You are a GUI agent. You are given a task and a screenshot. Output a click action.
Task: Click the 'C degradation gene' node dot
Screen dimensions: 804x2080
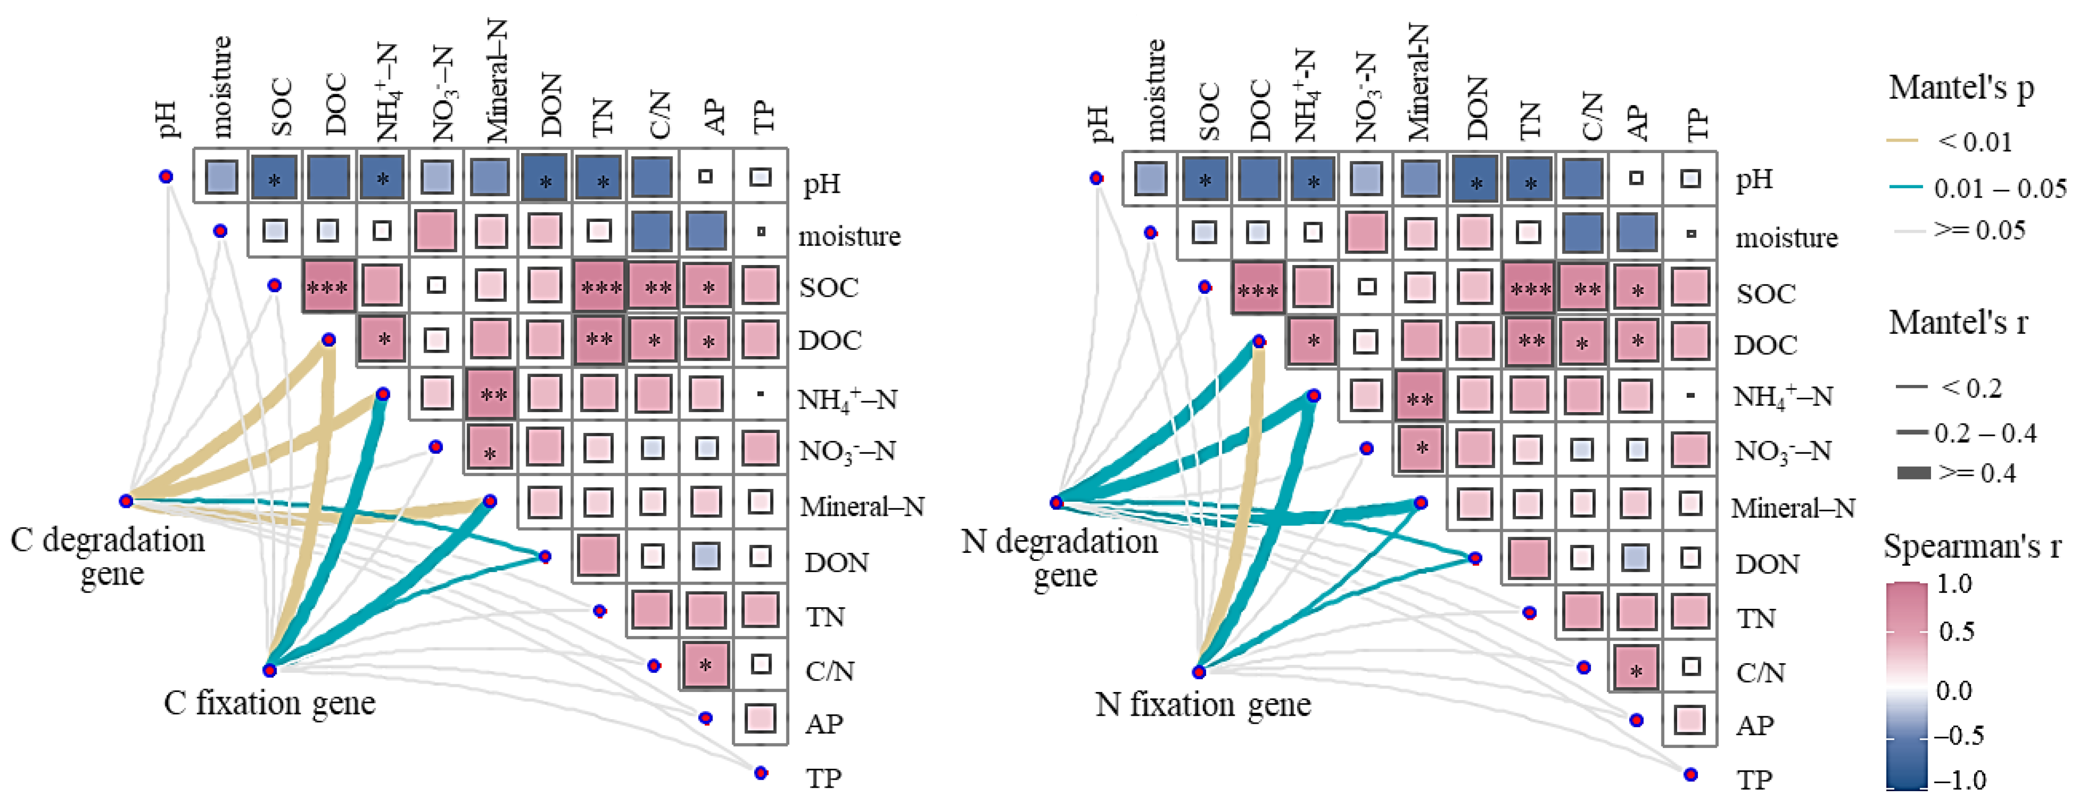pos(126,501)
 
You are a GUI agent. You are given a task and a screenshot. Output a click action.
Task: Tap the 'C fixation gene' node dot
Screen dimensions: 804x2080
pos(270,670)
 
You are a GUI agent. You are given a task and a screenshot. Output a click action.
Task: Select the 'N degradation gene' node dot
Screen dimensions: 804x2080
pos(1056,503)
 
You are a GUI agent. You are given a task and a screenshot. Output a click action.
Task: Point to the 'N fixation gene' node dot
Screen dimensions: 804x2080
pos(1199,671)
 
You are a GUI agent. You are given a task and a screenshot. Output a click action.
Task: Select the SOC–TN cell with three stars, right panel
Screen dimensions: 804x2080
pos(1529,288)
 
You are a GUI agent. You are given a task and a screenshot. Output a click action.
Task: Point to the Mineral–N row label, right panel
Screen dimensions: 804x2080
pos(1792,507)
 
